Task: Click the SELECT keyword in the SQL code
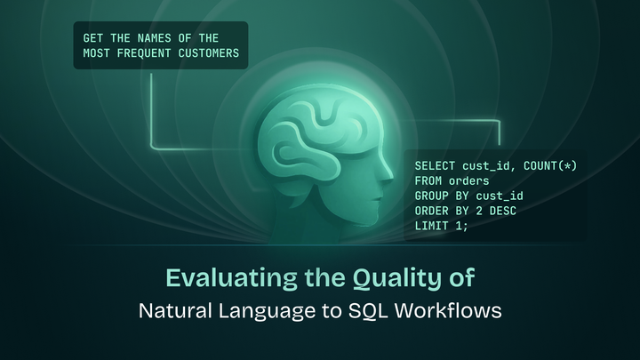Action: pos(435,166)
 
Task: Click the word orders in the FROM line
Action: pos(465,180)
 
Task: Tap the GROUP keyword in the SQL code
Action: pos(431,196)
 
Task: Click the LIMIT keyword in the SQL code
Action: pos(431,225)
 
